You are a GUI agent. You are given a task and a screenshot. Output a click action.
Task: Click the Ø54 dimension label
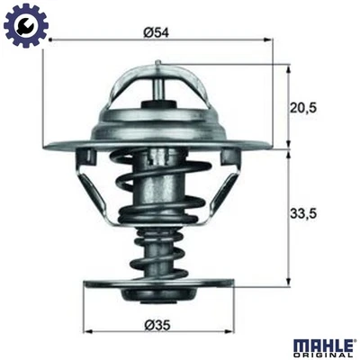click(x=157, y=32)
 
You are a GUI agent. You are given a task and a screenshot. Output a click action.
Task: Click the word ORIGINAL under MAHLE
click(x=327, y=354)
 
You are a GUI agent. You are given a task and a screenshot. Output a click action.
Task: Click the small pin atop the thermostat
click(x=157, y=67)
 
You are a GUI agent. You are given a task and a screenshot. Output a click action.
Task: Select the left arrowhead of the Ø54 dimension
click(x=51, y=41)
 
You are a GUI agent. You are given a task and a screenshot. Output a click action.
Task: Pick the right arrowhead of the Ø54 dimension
click(x=265, y=41)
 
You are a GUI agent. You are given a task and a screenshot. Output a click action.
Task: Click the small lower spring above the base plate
click(x=157, y=252)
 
